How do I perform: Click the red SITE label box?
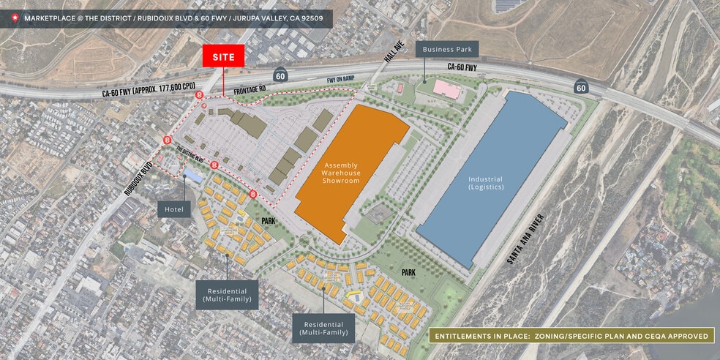(223, 56)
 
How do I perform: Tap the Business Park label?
(447, 50)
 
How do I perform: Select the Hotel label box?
(173, 209)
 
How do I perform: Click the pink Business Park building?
(446, 90)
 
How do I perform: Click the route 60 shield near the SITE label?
(280, 75)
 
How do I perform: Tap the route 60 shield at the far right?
(580, 87)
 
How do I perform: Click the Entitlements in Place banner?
(571, 336)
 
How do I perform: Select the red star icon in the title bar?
(12, 18)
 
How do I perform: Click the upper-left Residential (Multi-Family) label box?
(226, 293)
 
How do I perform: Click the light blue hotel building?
(194, 176)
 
